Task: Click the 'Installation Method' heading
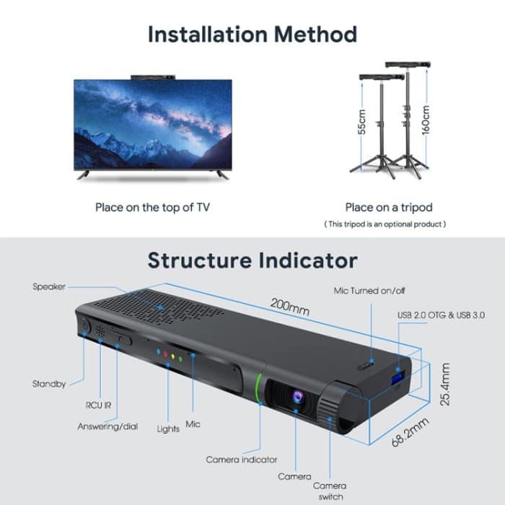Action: pos(252,34)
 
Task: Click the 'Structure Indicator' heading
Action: pos(252,260)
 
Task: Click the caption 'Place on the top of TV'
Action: pos(152,207)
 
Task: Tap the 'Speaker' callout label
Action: pos(49,286)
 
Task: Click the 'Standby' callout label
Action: pos(50,383)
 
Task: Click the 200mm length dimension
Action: pos(289,305)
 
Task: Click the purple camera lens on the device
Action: pos(295,397)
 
